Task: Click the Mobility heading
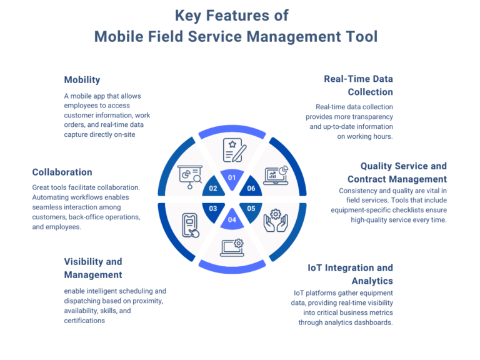point(82,80)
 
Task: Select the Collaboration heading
point(62,172)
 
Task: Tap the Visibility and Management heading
point(93,268)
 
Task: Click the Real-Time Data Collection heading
point(358,86)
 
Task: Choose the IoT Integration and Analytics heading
point(350,274)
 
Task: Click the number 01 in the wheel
point(232,177)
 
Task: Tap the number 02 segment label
point(213,188)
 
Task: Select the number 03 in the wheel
point(213,208)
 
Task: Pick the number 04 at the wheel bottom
point(232,219)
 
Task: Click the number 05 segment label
point(251,208)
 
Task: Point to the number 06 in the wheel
point(251,188)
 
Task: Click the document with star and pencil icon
point(234,150)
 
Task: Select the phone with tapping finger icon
point(191,225)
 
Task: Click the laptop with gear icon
point(232,247)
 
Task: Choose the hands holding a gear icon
point(275,221)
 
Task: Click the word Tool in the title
point(359,36)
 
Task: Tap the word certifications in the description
point(84,320)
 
